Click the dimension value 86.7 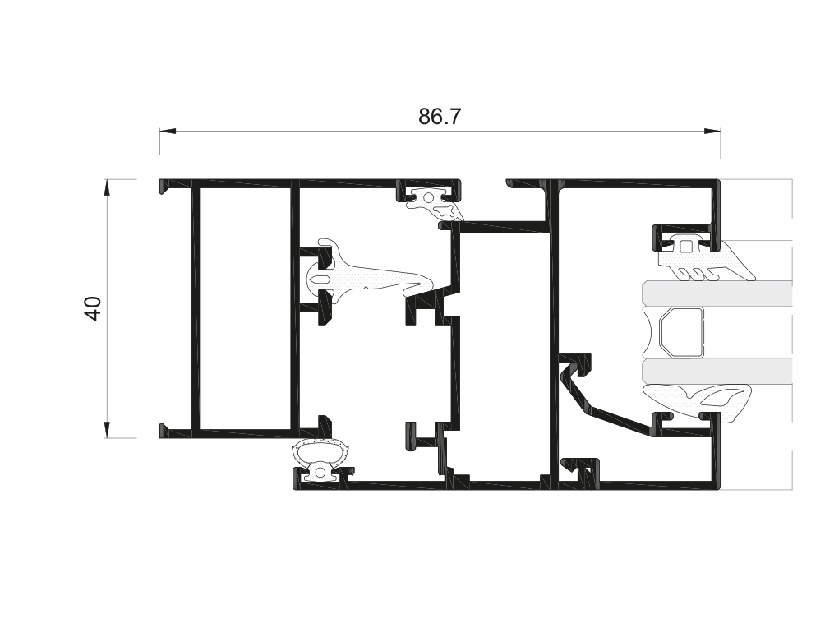tap(440, 117)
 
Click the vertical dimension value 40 tap(93, 308)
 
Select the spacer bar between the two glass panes tap(681, 333)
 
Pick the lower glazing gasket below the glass tap(698, 399)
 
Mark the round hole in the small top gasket tap(428, 197)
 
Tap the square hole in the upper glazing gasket tap(687, 244)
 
